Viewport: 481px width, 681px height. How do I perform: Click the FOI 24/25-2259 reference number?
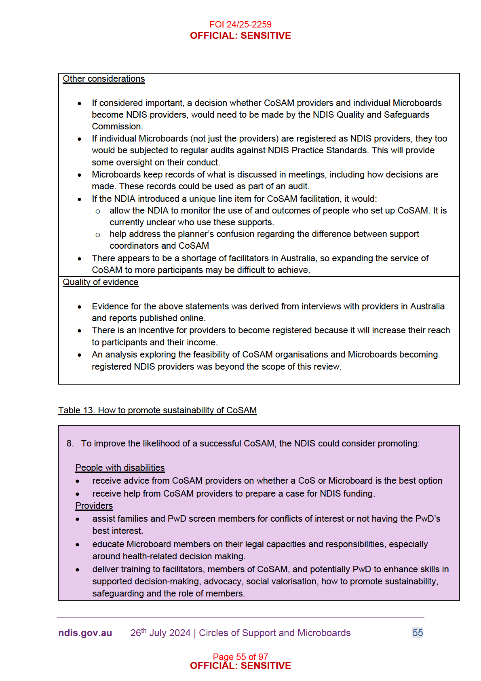240,24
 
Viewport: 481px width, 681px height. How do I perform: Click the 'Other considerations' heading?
103,79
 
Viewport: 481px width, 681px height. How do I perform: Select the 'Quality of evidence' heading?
100,282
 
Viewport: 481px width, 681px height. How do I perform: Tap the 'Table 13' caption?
157,410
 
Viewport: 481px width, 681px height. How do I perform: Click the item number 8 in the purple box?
70,444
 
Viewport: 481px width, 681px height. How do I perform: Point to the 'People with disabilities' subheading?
120,468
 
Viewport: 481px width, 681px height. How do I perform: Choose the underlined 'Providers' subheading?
94,506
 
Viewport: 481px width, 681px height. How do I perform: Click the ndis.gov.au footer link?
85,633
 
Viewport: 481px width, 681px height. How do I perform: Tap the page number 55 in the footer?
418,633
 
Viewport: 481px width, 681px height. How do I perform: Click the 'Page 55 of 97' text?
240,656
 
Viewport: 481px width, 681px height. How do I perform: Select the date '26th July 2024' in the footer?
160,633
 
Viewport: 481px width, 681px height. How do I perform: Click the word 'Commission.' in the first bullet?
117,127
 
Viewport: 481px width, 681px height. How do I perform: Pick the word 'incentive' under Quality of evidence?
148,330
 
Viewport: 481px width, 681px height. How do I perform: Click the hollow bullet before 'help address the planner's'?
98,235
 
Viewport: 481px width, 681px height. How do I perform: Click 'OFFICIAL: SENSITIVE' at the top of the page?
240,36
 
